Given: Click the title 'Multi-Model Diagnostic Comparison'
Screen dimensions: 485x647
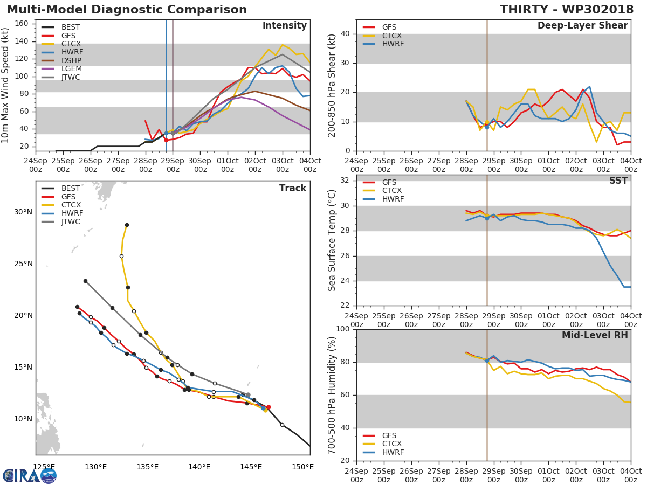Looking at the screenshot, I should (127, 10).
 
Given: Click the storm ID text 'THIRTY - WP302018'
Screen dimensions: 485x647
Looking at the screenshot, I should (567, 10).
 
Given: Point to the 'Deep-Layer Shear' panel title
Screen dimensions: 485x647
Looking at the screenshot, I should (582, 26).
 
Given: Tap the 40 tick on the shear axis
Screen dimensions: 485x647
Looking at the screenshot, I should (347, 34).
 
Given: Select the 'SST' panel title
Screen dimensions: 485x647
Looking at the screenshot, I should (618, 181).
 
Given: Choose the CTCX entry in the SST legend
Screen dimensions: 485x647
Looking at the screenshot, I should (393, 191).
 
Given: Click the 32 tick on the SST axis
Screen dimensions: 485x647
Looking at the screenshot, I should (347, 181).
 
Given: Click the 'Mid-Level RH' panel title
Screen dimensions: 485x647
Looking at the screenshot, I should (595, 335).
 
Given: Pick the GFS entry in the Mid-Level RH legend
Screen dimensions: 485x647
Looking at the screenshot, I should (389, 435).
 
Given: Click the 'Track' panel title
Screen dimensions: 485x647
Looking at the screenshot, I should (293, 188).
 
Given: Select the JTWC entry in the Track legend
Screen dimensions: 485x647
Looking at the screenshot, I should (71, 222).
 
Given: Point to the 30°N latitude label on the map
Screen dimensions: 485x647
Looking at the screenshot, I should (23, 212).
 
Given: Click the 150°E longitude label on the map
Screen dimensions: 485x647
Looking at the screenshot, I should (303, 467).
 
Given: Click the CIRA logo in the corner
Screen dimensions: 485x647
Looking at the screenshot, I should (30, 475).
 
